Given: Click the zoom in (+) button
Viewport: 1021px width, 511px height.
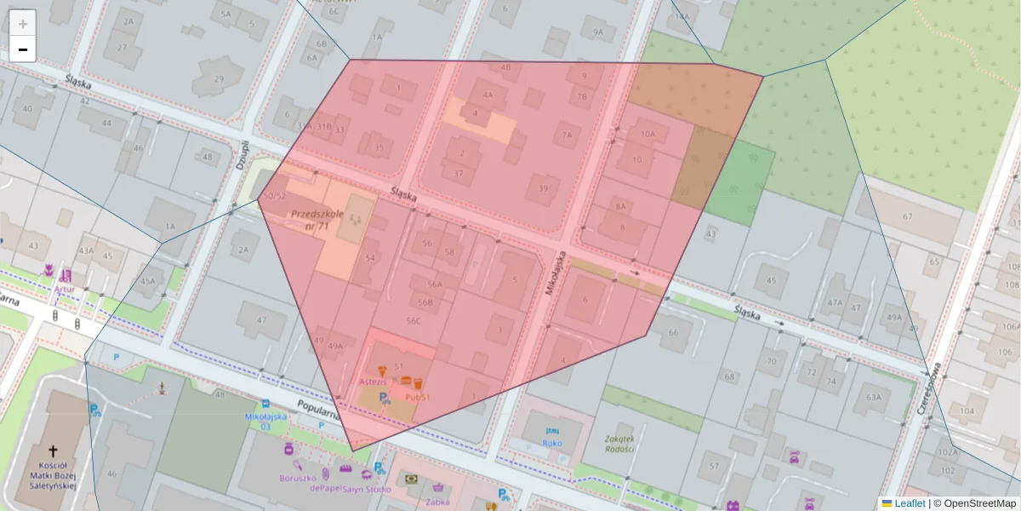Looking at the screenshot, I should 23,24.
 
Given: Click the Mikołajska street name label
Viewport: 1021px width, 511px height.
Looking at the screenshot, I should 556,271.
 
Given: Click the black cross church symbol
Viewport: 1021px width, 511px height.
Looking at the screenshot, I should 53,451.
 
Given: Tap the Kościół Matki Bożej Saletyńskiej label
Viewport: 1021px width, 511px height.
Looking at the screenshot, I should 53,476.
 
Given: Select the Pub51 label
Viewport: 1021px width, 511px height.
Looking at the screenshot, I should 416,397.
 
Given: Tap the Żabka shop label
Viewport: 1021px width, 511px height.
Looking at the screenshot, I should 439,502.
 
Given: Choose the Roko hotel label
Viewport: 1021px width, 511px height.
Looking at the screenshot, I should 551,443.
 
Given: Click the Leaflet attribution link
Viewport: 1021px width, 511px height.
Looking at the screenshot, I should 909,503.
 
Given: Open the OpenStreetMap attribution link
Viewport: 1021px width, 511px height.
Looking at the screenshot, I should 979,503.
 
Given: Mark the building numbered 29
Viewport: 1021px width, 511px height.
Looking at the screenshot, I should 219,79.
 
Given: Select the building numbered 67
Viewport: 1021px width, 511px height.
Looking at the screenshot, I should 907,216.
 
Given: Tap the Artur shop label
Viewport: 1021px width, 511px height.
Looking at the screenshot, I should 64,289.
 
